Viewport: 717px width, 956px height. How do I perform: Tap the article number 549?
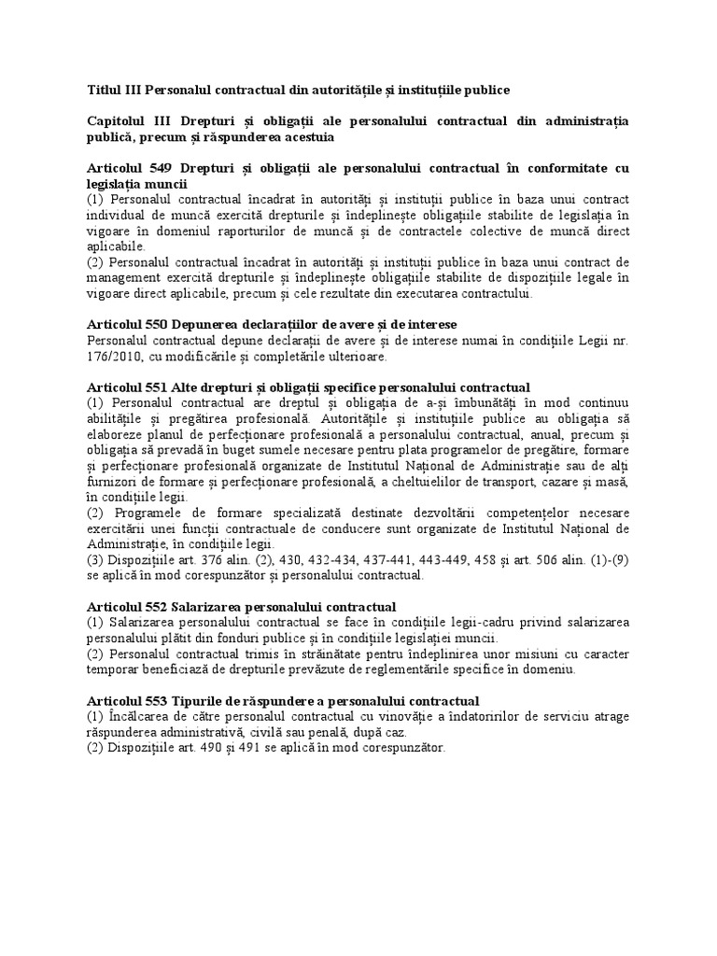coord(159,168)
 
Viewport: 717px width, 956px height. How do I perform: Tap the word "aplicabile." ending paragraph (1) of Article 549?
coord(116,247)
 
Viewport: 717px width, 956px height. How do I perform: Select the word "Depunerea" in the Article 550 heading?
coord(217,323)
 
